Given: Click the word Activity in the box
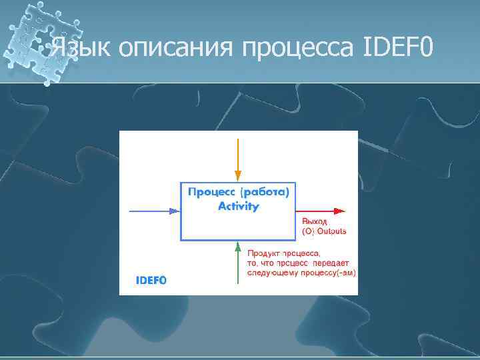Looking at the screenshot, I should (x=238, y=207).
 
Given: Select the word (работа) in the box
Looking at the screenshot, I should (x=266, y=193).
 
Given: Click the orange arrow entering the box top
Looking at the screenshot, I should (x=238, y=157).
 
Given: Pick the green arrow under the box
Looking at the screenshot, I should (x=238, y=267).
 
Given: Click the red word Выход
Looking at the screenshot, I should (x=315, y=221).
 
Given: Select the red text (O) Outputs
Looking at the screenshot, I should (x=324, y=231).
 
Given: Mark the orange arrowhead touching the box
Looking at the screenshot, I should (x=238, y=176).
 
